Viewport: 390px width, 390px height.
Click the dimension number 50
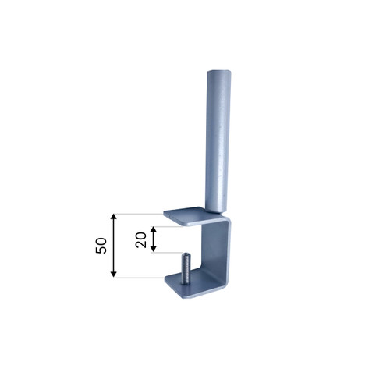101,245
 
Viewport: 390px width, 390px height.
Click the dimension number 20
140,239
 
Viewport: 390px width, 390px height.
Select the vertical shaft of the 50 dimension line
114,245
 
